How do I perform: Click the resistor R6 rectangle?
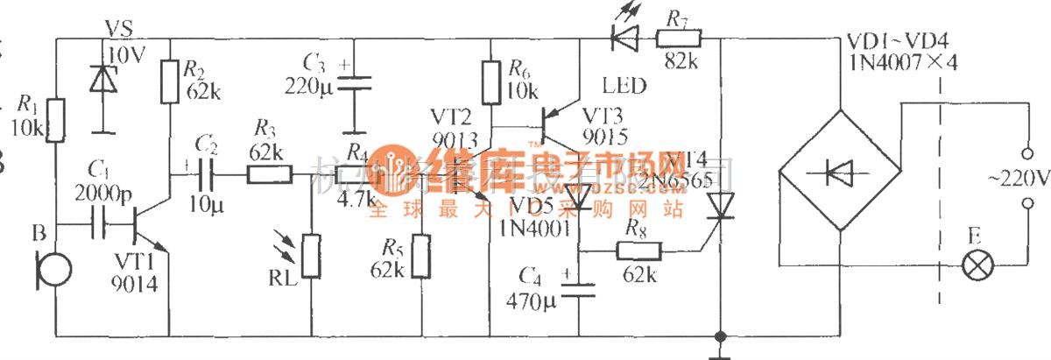pos(490,81)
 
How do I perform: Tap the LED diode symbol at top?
pos(624,37)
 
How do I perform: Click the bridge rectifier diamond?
pos(839,170)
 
